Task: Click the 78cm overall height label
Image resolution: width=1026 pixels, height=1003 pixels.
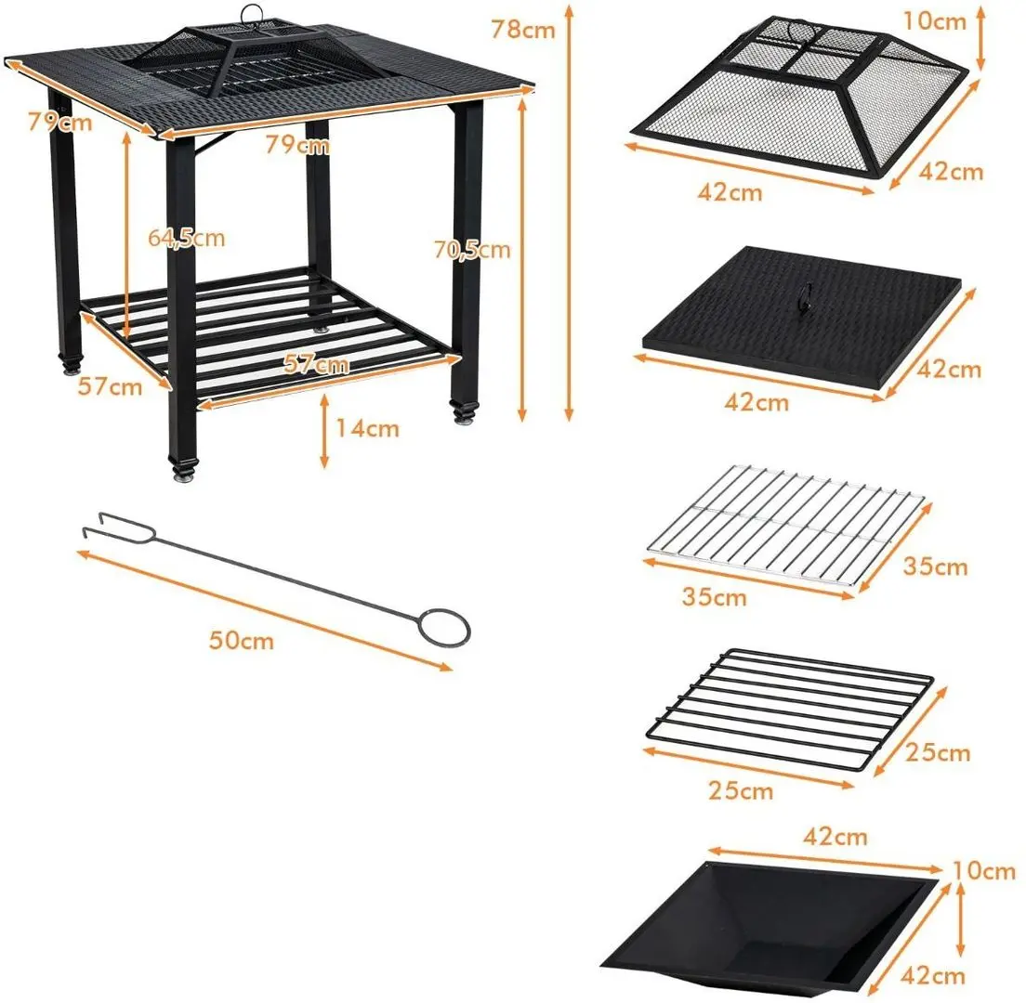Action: (523, 30)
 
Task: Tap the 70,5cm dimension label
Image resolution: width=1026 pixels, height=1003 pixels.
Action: (472, 249)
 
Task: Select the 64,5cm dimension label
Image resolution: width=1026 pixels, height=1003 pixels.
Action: (187, 238)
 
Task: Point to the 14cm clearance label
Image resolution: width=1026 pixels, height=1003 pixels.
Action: (367, 428)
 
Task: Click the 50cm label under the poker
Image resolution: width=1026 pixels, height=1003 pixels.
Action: (242, 640)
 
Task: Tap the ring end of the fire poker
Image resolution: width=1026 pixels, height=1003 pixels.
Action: (444, 629)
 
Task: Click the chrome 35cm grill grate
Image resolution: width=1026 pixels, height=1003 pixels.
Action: (785, 525)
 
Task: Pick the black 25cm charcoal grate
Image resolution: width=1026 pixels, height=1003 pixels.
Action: (790, 708)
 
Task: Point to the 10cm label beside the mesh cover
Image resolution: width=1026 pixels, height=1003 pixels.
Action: (934, 21)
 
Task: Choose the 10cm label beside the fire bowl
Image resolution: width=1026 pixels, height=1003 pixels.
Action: (983, 870)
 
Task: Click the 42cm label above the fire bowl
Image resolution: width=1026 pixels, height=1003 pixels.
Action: (835, 836)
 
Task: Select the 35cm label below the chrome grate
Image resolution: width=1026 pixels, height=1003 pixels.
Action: (714, 596)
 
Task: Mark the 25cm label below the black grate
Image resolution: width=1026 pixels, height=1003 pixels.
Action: (740, 790)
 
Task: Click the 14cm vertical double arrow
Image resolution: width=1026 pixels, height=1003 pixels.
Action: (324, 432)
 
